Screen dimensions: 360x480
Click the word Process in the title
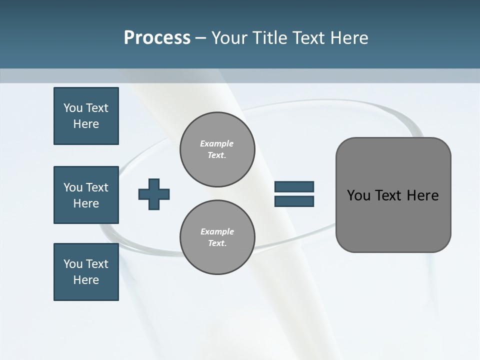coord(157,38)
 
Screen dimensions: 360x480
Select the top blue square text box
coord(86,116)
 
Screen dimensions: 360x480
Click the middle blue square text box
coord(86,195)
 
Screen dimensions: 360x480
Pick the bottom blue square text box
coord(86,272)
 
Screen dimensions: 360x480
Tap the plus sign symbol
coord(154,194)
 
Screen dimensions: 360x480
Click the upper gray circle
coord(217,149)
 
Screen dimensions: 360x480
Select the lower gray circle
coord(217,237)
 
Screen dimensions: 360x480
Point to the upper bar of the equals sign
coord(294,186)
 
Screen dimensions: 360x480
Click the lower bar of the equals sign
coord(294,201)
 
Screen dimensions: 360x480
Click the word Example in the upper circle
coord(217,143)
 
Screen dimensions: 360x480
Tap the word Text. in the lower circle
coord(217,243)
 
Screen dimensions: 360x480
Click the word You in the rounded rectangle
coord(359,195)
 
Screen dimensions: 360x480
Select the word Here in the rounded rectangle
coord(422,195)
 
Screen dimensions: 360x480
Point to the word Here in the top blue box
coord(86,124)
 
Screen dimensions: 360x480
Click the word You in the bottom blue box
coord(73,264)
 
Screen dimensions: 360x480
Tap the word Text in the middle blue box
coord(97,187)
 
